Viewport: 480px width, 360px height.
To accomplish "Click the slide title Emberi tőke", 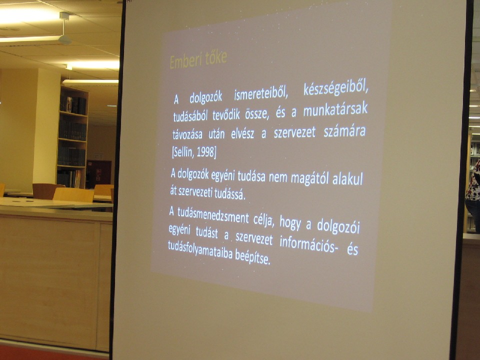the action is (198, 59).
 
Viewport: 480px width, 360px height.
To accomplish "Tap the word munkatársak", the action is (335, 110).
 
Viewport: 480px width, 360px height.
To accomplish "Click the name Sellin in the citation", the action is (182, 152).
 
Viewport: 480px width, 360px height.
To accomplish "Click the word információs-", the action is (309, 244).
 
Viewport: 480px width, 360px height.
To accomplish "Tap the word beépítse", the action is (253, 258).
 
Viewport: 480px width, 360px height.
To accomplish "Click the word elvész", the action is (242, 134).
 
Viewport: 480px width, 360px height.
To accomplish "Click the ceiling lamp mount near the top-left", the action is (64, 16).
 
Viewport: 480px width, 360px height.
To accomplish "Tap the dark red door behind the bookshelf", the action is (98, 174).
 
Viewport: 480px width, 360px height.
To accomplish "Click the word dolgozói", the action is (338, 226).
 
